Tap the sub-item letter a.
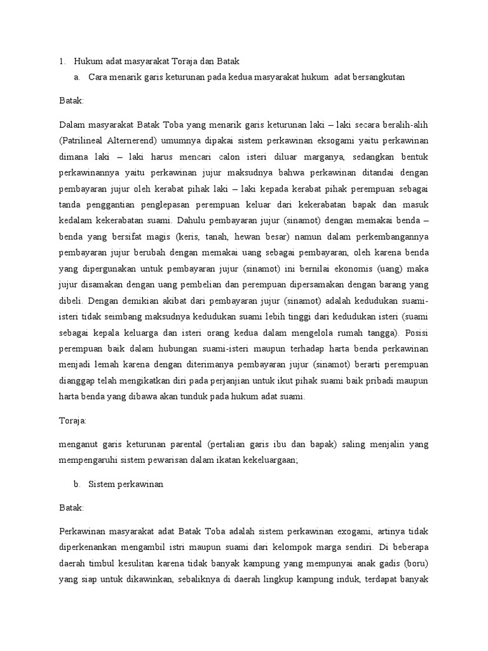[76, 77]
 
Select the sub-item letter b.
[76, 484]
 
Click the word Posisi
[414, 331]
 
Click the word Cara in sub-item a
[98, 77]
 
